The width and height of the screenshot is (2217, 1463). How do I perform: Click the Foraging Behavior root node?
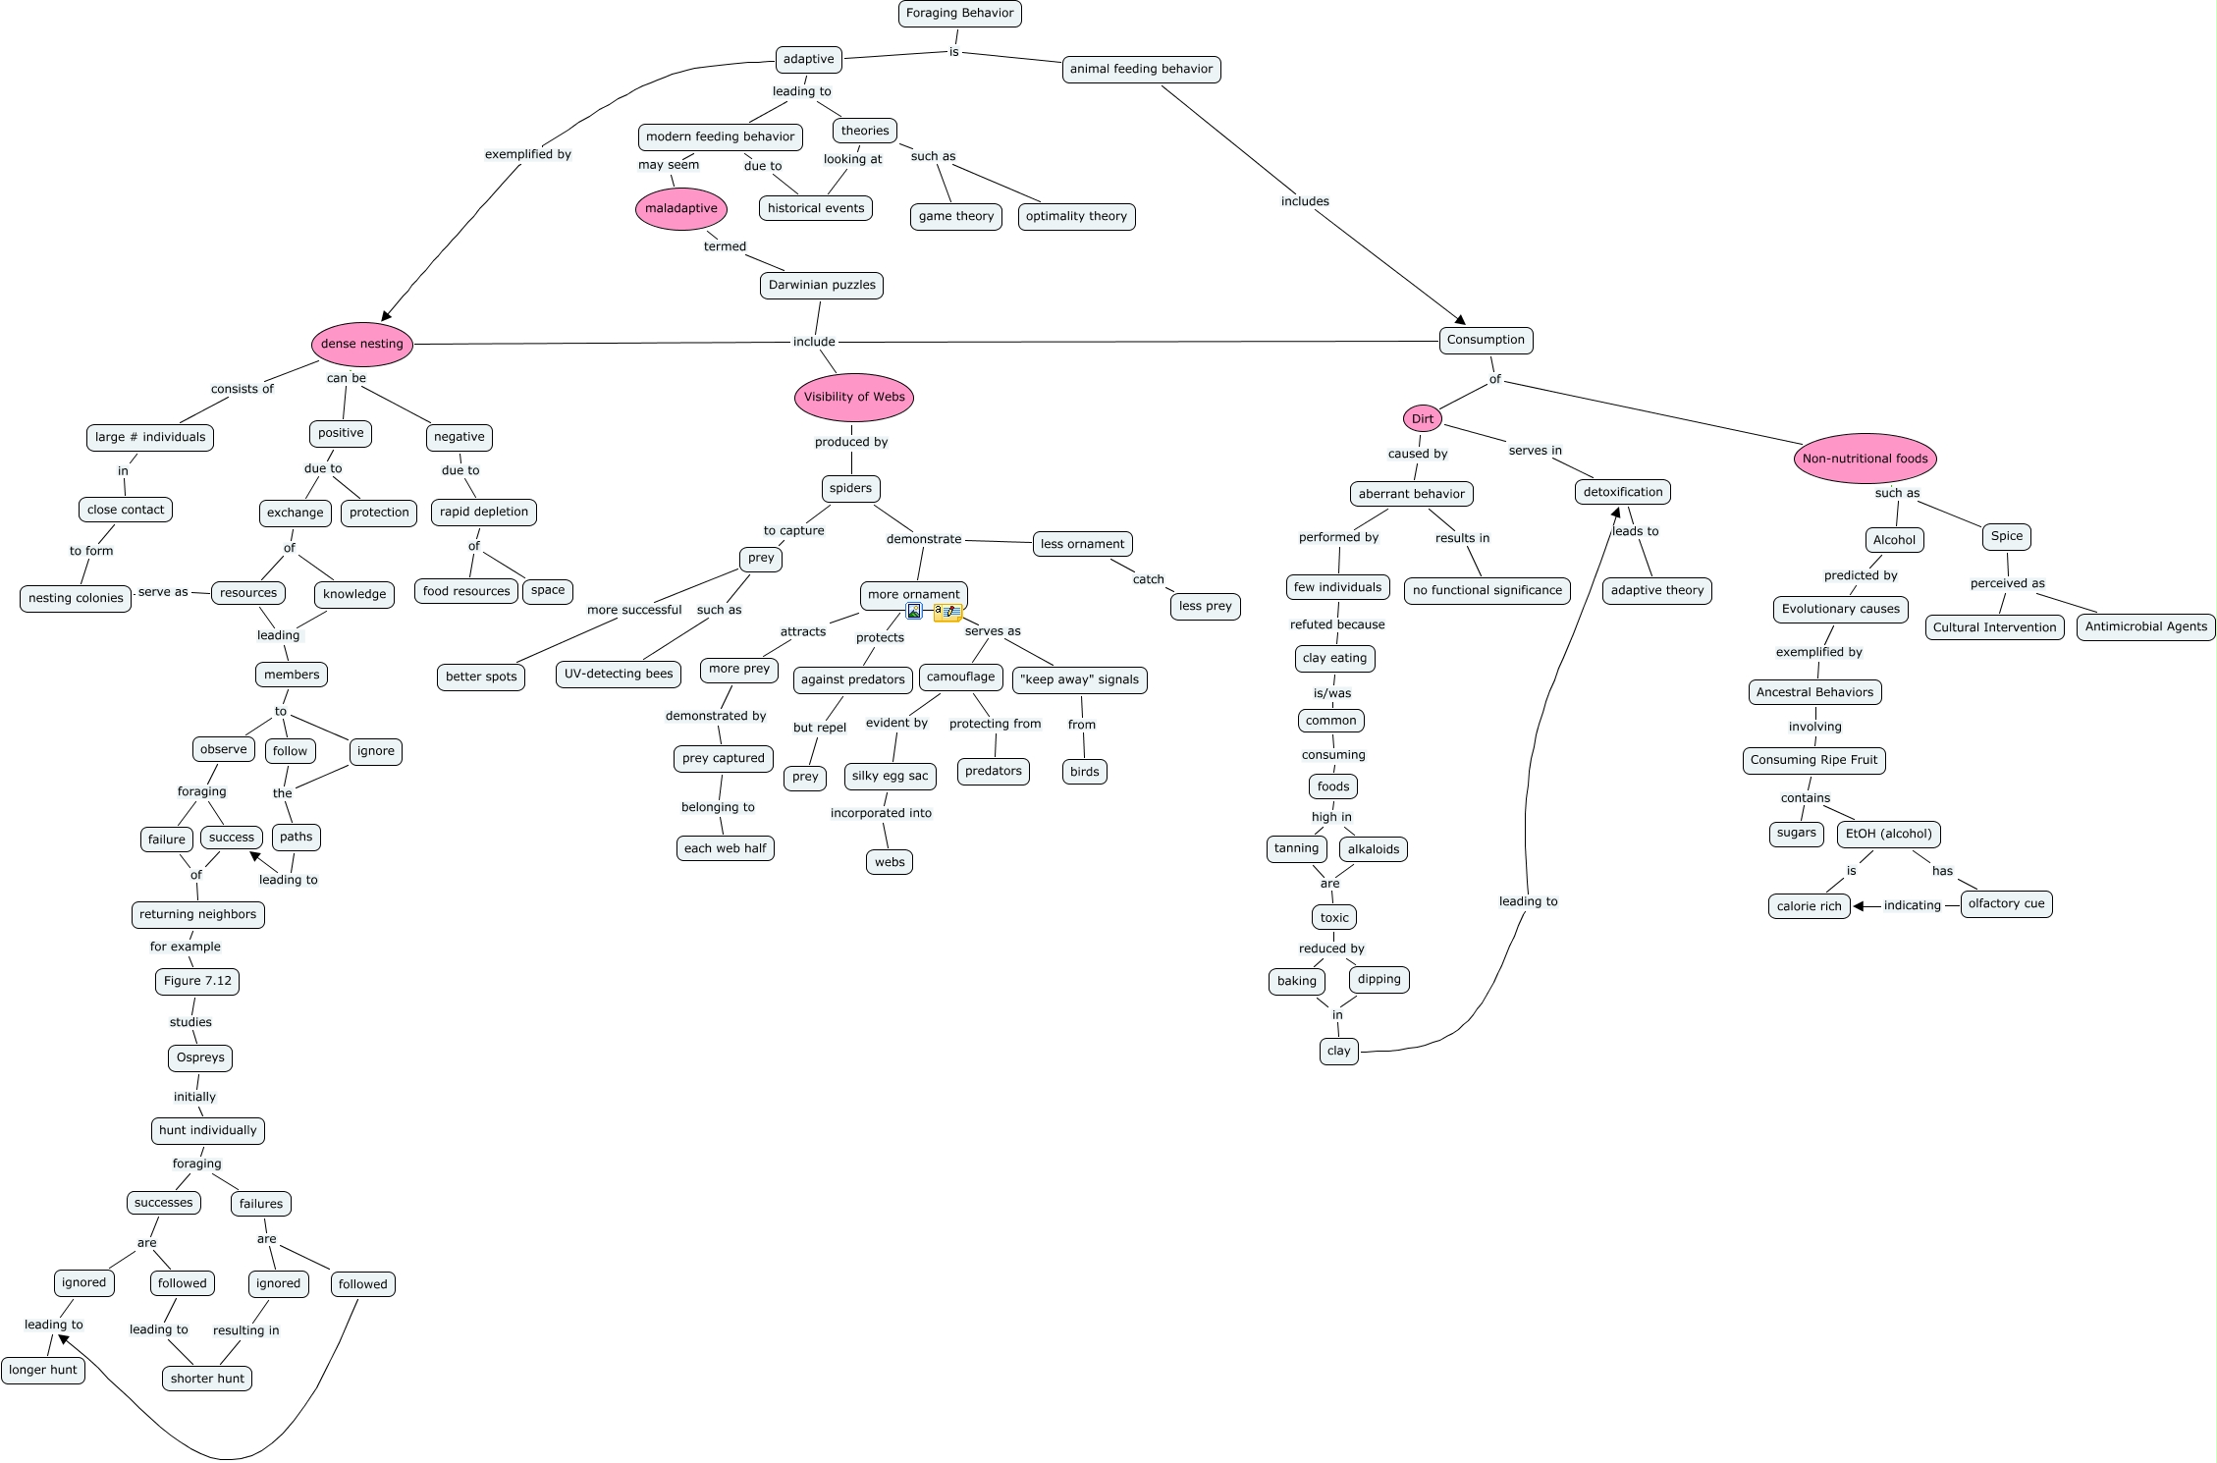tap(959, 14)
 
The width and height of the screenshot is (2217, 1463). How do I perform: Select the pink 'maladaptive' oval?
tap(681, 208)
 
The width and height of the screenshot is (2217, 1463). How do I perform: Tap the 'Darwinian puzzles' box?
tap(822, 286)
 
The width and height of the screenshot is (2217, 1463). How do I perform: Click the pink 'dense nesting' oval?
tap(361, 344)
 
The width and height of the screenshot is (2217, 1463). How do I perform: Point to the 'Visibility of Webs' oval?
tap(854, 397)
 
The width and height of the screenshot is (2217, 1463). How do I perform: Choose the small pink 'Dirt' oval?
tap(1422, 419)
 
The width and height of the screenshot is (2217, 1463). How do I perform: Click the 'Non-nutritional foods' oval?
tap(1865, 459)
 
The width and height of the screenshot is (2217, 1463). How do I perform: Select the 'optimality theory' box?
tap(1076, 217)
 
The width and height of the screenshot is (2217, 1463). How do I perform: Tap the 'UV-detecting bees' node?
tap(619, 675)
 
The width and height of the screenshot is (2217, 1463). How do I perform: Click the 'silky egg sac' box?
tap(890, 777)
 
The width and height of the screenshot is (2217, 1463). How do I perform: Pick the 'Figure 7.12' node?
tap(197, 981)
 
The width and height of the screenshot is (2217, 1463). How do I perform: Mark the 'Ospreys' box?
tap(200, 1057)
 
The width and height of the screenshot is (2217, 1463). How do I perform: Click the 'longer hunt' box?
tap(43, 1371)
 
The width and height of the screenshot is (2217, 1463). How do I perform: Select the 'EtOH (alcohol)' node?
tap(1888, 835)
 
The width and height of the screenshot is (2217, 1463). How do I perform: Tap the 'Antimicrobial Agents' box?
tap(2145, 626)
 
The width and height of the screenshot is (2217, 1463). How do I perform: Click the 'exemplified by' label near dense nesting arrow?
tap(527, 154)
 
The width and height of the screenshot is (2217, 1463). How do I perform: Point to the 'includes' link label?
tap(1305, 201)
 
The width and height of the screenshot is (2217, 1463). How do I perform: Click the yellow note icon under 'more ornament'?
tap(946, 612)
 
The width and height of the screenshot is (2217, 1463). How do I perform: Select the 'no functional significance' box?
tap(1487, 591)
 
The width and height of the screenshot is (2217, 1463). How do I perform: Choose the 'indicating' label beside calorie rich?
tap(1912, 905)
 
